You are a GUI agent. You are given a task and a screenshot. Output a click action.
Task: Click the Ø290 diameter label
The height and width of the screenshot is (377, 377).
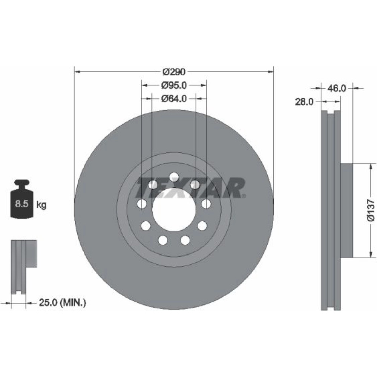174,72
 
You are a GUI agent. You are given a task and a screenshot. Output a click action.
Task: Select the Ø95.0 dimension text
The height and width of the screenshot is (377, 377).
174,85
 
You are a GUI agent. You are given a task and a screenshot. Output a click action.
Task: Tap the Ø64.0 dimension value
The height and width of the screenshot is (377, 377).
174,98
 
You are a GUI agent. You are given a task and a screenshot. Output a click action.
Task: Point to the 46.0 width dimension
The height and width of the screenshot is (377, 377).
337,89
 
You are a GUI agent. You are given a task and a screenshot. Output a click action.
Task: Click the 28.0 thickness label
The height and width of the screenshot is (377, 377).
304,102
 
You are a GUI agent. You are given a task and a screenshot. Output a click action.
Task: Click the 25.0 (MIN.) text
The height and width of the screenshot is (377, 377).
62,302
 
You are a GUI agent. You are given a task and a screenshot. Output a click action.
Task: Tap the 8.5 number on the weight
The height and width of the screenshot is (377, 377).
21,204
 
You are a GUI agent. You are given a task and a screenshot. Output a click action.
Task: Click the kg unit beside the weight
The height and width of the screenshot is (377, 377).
41,205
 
